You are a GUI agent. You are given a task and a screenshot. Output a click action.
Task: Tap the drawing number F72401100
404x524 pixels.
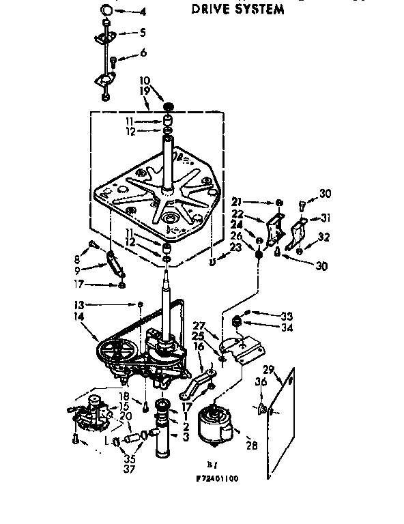point(211,478)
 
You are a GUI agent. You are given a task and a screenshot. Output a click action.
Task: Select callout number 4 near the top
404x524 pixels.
point(143,12)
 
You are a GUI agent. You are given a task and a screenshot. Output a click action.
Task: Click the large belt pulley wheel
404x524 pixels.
point(117,351)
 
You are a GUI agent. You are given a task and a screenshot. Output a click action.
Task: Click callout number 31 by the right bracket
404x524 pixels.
point(325,218)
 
